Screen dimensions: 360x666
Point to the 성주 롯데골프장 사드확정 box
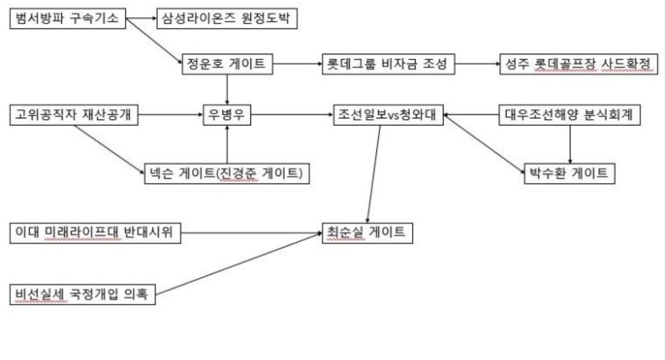(578, 65)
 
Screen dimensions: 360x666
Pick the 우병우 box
(227, 116)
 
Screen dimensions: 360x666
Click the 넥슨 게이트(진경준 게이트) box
(227, 174)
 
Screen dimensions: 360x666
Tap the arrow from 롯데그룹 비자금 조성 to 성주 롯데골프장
(478, 65)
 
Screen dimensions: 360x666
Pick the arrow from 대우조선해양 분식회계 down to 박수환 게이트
(570, 145)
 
